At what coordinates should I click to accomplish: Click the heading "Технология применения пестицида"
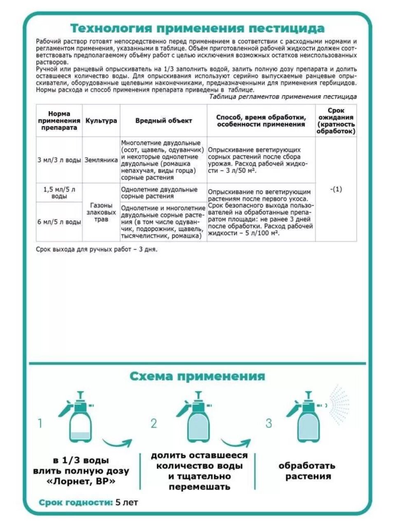pyautogui.click(x=197, y=28)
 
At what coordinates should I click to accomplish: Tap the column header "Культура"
pyautogui.click(x=101, y=121)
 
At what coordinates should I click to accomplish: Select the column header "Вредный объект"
pyautogui.click(x=163, y=121)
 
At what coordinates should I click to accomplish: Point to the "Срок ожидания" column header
pyautogui.click(x=336, y=121)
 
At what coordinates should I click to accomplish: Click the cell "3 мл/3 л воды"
pyautogui.click(x=59, y=160)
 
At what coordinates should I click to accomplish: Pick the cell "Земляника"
pyautogui.click(x=101, y=160)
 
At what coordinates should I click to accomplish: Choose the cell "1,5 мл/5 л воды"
pyautogui.click(x=59, y=193)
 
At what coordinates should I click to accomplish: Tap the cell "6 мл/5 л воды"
pyautogui.click(x=59, y=222)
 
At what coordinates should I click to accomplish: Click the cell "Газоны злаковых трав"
pyautogui.click(x=101, y=212)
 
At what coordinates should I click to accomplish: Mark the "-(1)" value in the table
pyautogui.click(x=336, y=189)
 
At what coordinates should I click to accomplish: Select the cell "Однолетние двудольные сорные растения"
pyautogui.click(x=163, y=193)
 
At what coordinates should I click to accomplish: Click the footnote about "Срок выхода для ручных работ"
pyautogui.click(x=97, y=250)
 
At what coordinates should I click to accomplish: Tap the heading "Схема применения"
pyautogui.click(x=197, y=376)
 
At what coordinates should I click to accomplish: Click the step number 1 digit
pyautogui.click(x=40, y=423)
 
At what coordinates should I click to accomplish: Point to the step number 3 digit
pyautogui.click(x=269, y=423)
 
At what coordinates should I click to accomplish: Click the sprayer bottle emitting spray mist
pyautogui.click(x=309, y=420)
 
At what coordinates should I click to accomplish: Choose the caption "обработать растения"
pyautogui.click(x=307, y=471)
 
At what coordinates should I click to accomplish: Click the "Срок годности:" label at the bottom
pyautogui.click(x=76, y=502)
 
